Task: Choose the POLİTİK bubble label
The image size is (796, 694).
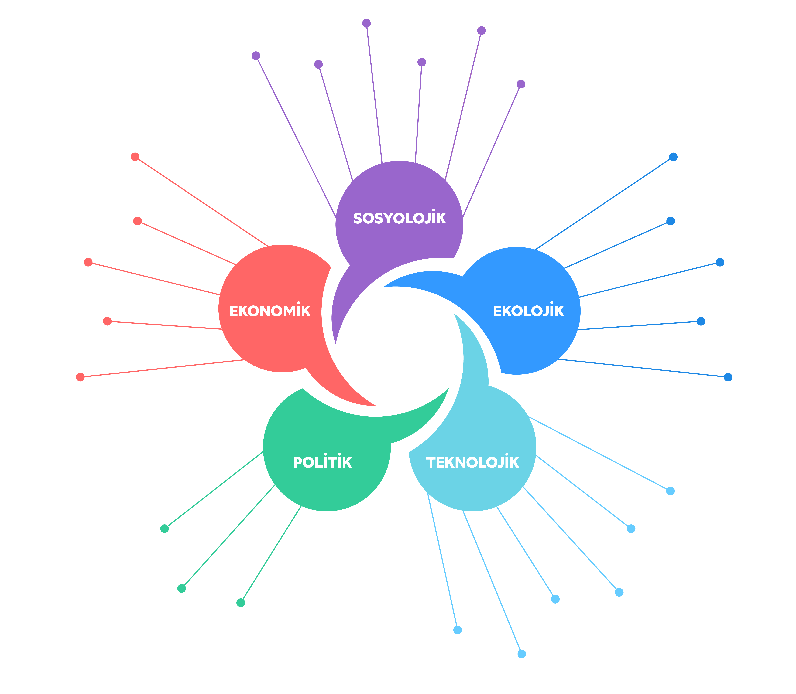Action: pyautogui.click(x=322, y=462)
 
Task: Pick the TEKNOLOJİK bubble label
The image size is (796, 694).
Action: pyautogui.click(x=473, y=462)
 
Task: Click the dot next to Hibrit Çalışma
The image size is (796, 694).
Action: pyautogui.click(x=366, y=23)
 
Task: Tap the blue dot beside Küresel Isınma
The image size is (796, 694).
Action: pyautogui.click(x=673, y=157)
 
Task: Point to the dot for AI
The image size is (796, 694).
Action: pyautogui.click(x=671, y=491)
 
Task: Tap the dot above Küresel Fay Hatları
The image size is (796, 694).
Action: pyautogui.click(x=241, y=603)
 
